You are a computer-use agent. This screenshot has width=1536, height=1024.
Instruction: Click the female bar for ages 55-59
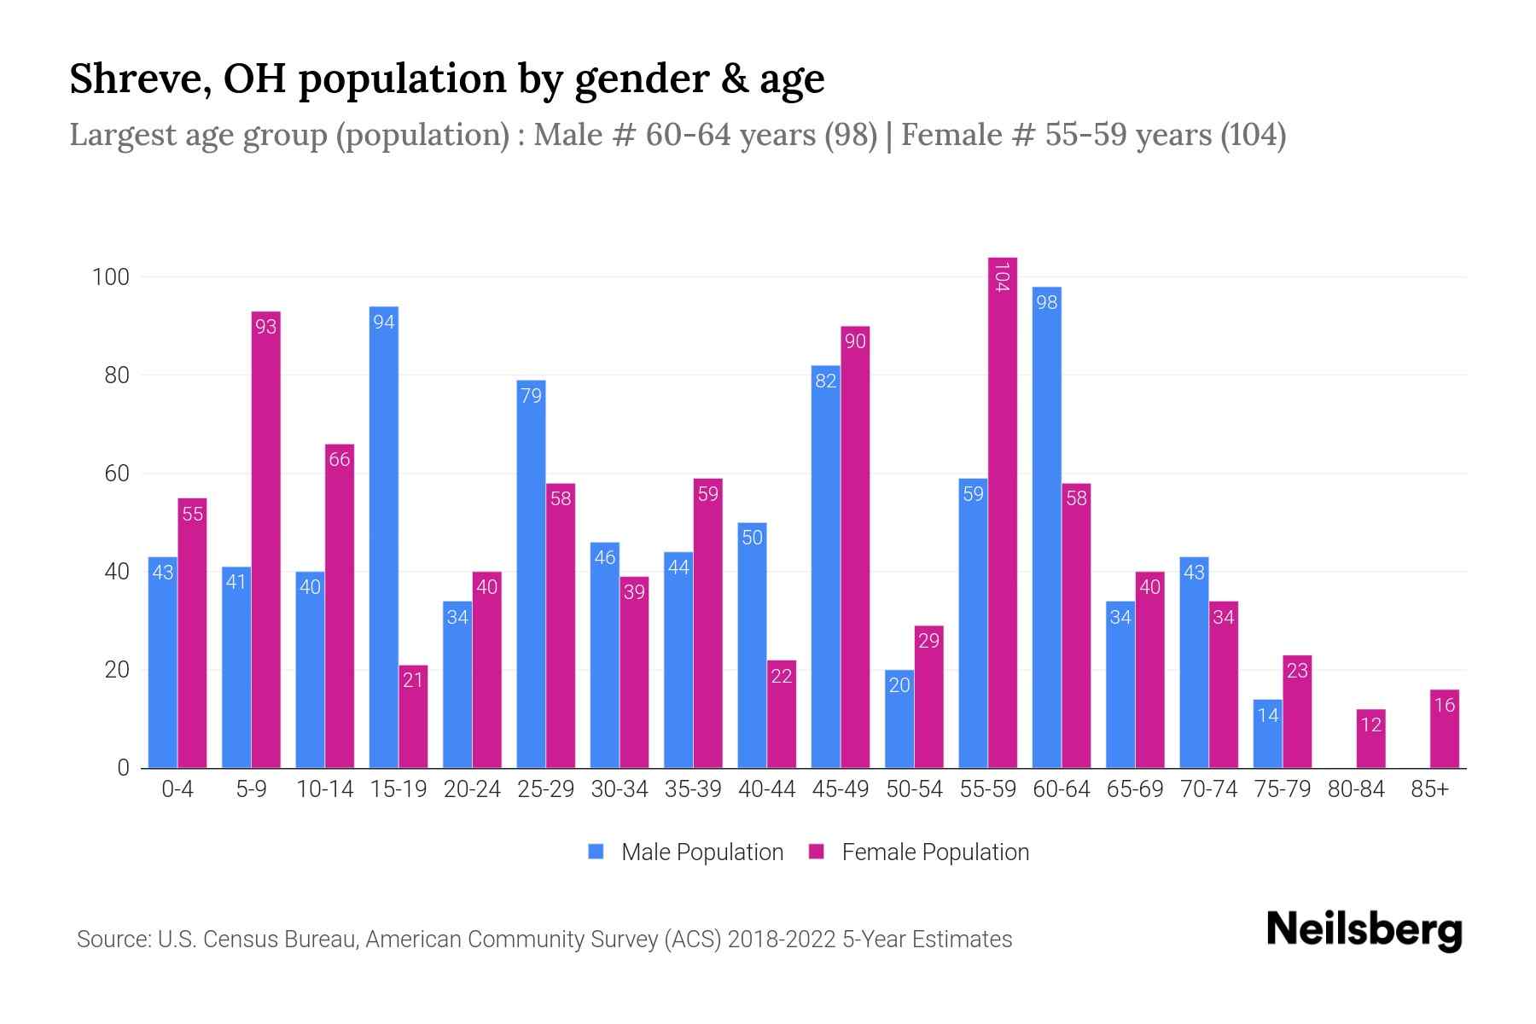[1003, 512]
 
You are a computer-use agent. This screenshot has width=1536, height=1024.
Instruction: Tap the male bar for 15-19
[383, 538]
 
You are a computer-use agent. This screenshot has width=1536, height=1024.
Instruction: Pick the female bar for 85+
[1445, 729]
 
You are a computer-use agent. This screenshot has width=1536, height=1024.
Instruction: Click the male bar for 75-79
[1268, 734]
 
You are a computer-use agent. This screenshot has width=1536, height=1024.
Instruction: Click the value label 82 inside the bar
[825, 381]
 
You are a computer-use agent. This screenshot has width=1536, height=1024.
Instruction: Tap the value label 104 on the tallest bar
[1003, 277]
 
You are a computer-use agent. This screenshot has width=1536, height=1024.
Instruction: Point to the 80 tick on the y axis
[116, 375]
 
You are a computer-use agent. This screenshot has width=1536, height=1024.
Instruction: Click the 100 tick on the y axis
[111, 277]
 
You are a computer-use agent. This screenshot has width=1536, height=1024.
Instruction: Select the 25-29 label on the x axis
[545, 789]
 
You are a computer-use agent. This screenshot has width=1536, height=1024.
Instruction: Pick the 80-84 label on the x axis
[1356, 789]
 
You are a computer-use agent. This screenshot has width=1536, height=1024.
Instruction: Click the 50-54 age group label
[914, 789]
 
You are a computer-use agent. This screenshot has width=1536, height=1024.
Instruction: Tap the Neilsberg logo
[1364, 930]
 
